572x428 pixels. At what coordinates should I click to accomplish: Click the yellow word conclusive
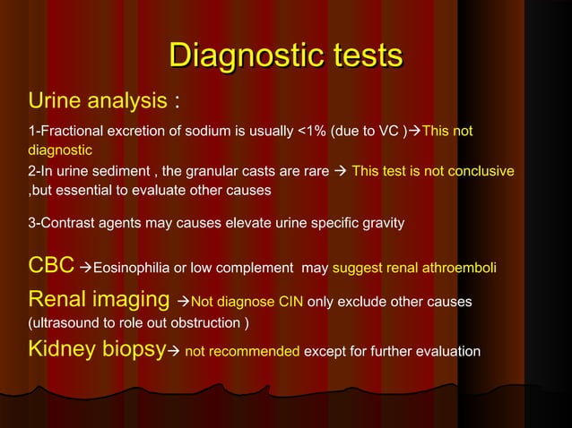tap(481, 171)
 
